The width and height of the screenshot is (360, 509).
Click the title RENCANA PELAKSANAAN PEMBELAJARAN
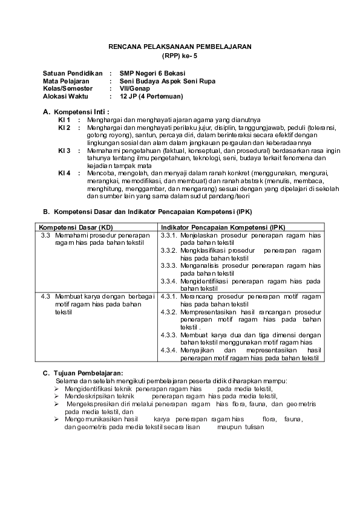(x=179, y=47)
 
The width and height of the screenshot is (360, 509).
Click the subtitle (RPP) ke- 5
(x=179, y=55)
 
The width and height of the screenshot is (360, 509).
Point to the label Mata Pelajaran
(x=67, y=80)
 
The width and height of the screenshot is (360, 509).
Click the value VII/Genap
(x=135, y=88)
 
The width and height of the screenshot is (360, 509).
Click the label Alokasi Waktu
(x=65, y=96)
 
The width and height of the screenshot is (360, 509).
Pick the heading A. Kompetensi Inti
(x=76, y=112)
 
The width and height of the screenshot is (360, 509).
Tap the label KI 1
(x=64, y=120)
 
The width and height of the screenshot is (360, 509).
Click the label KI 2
(x=64, y=128)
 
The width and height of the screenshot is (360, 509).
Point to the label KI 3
(x=64, y=150)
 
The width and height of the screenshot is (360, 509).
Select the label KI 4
(x=64, y=172)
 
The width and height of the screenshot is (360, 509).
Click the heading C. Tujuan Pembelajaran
(x=82, y=372)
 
